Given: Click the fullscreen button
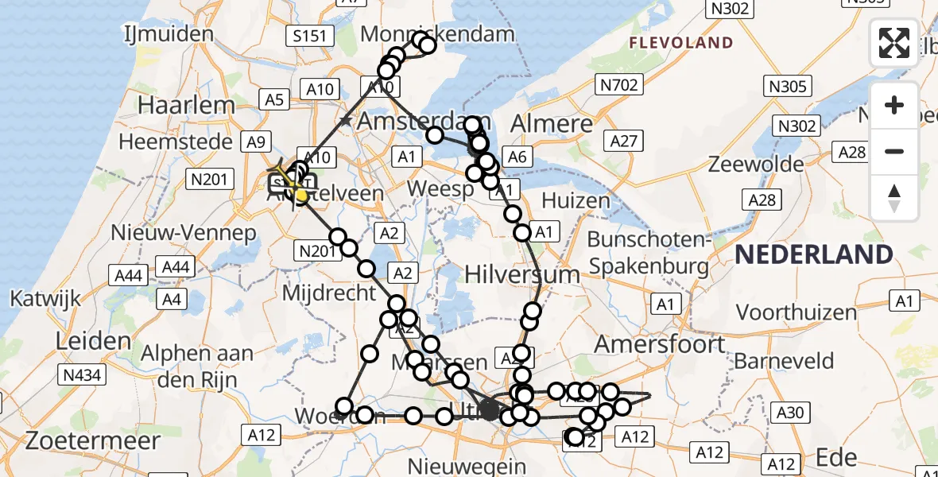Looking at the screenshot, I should (894, 42).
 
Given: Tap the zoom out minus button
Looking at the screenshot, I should (894, 151).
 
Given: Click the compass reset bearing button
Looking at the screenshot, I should (894, 197).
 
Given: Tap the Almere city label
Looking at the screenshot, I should (552, 123).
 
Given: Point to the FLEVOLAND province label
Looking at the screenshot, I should (680, 42).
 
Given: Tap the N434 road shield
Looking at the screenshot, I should (80, 374).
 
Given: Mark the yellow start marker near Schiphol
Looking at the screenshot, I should (301, 193).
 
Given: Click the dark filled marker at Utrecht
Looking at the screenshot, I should (490, 410).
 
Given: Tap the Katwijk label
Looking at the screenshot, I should (46, 299).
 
